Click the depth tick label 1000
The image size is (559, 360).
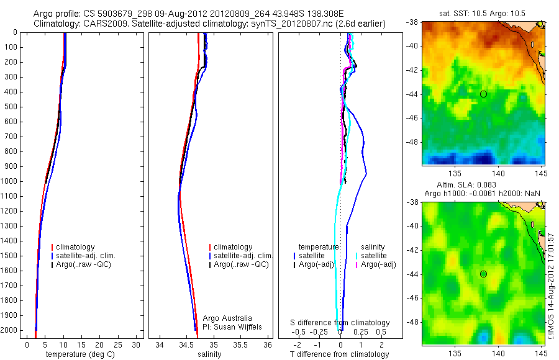[x=9, y=181]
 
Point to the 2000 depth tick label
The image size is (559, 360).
[x=9, y=330]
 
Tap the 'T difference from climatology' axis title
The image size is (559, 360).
[x=339, y=354]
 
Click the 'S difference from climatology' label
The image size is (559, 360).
[x=340, y=323]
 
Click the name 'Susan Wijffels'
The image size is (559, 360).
[x=239, y=326]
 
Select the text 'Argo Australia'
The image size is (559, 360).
[x=227, y=318]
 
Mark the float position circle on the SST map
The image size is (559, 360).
[x=483, y=94]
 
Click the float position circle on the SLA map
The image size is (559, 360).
[x=483, y=274]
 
